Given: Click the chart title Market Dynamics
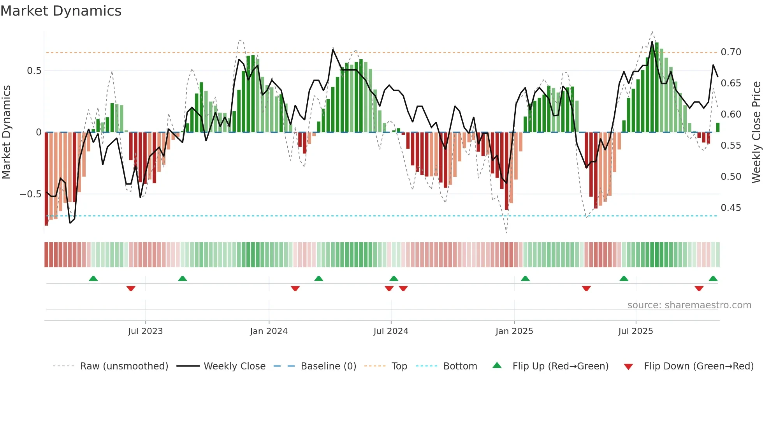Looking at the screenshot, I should pos(61,11).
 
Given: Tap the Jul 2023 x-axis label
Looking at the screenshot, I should pos(145,331).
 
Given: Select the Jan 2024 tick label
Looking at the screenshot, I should pos(269,331).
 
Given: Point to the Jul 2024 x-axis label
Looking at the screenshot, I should pos(391,331).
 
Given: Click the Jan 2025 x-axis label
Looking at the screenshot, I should pos(514,331).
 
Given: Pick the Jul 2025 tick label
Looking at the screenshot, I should pos(636,331).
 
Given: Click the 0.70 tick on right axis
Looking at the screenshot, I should pos(731,52).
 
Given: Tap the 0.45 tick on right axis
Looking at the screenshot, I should pos(731,208).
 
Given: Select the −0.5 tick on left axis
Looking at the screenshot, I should pos(30,194).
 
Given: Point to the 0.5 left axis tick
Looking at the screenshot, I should pos(34,71).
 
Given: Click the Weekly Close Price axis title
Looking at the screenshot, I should pos(756,132).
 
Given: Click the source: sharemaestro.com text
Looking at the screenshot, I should pos(689,305).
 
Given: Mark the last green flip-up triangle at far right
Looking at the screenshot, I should pos(713,279).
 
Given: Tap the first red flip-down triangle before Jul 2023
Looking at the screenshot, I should pos(131,288).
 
